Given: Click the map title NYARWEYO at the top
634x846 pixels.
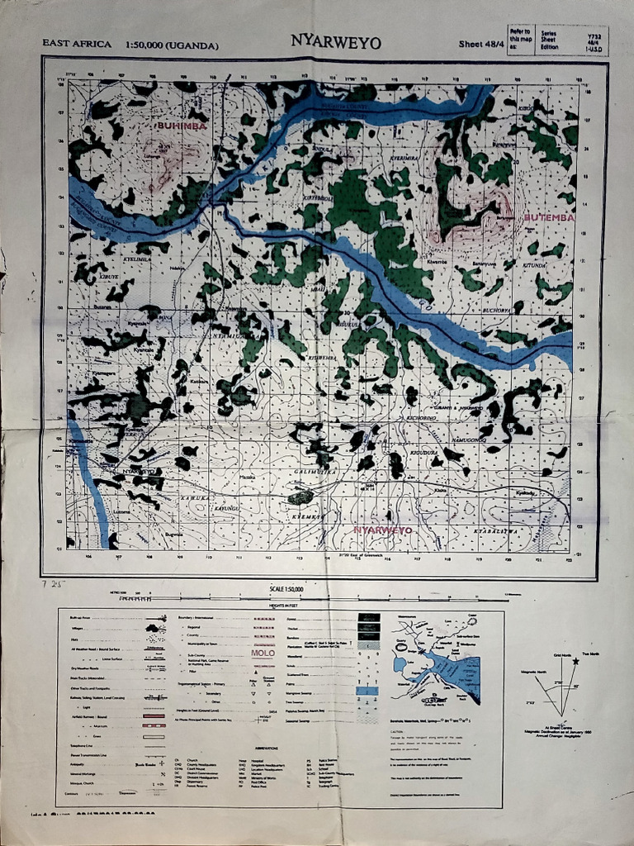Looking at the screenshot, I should (335, 42).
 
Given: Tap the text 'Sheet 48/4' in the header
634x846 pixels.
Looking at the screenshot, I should (480, 44).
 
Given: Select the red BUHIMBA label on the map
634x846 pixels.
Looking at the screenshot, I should (181, 126).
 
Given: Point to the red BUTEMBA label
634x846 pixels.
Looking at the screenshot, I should (549, 218).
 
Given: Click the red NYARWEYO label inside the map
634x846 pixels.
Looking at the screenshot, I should (382, 530).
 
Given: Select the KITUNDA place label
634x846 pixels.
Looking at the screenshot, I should (535, 266).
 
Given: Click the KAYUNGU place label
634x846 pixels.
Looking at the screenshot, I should (227, 508).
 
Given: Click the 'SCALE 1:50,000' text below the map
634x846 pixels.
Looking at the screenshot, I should (286, 589).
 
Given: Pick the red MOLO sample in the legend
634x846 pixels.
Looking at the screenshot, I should (263, 653).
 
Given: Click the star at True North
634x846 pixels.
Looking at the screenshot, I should (575, 639).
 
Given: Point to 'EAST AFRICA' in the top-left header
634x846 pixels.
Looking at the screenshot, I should (77, 44).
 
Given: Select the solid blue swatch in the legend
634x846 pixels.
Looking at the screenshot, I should (367, 690).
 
